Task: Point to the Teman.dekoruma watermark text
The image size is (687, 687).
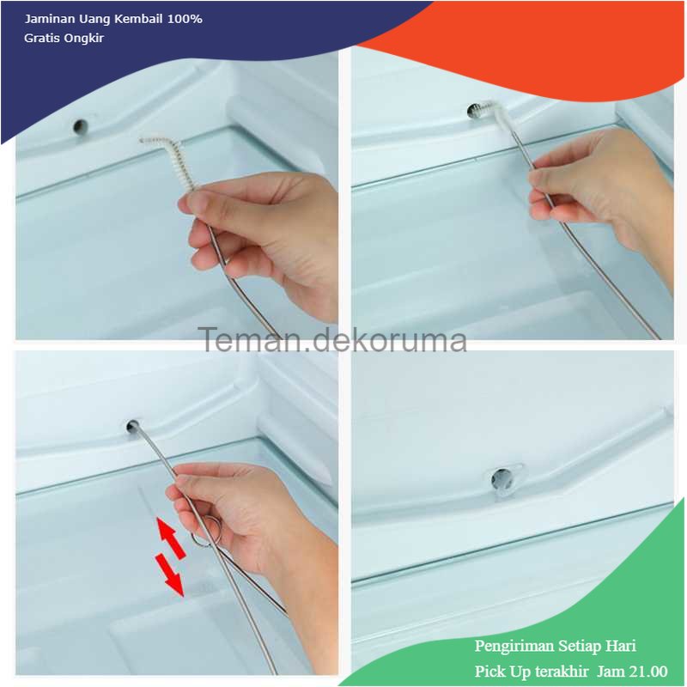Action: tap(332, 340)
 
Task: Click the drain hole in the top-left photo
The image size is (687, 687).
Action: tap(80, 126)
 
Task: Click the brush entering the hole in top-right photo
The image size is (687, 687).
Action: tap(489, 112)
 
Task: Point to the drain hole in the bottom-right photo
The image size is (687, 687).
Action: tap(501, 479)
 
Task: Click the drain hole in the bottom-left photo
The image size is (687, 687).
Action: tap(133, 426)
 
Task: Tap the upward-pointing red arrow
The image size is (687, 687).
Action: tap(170, 538)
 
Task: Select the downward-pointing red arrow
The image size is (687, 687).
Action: tap(169, 575)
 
